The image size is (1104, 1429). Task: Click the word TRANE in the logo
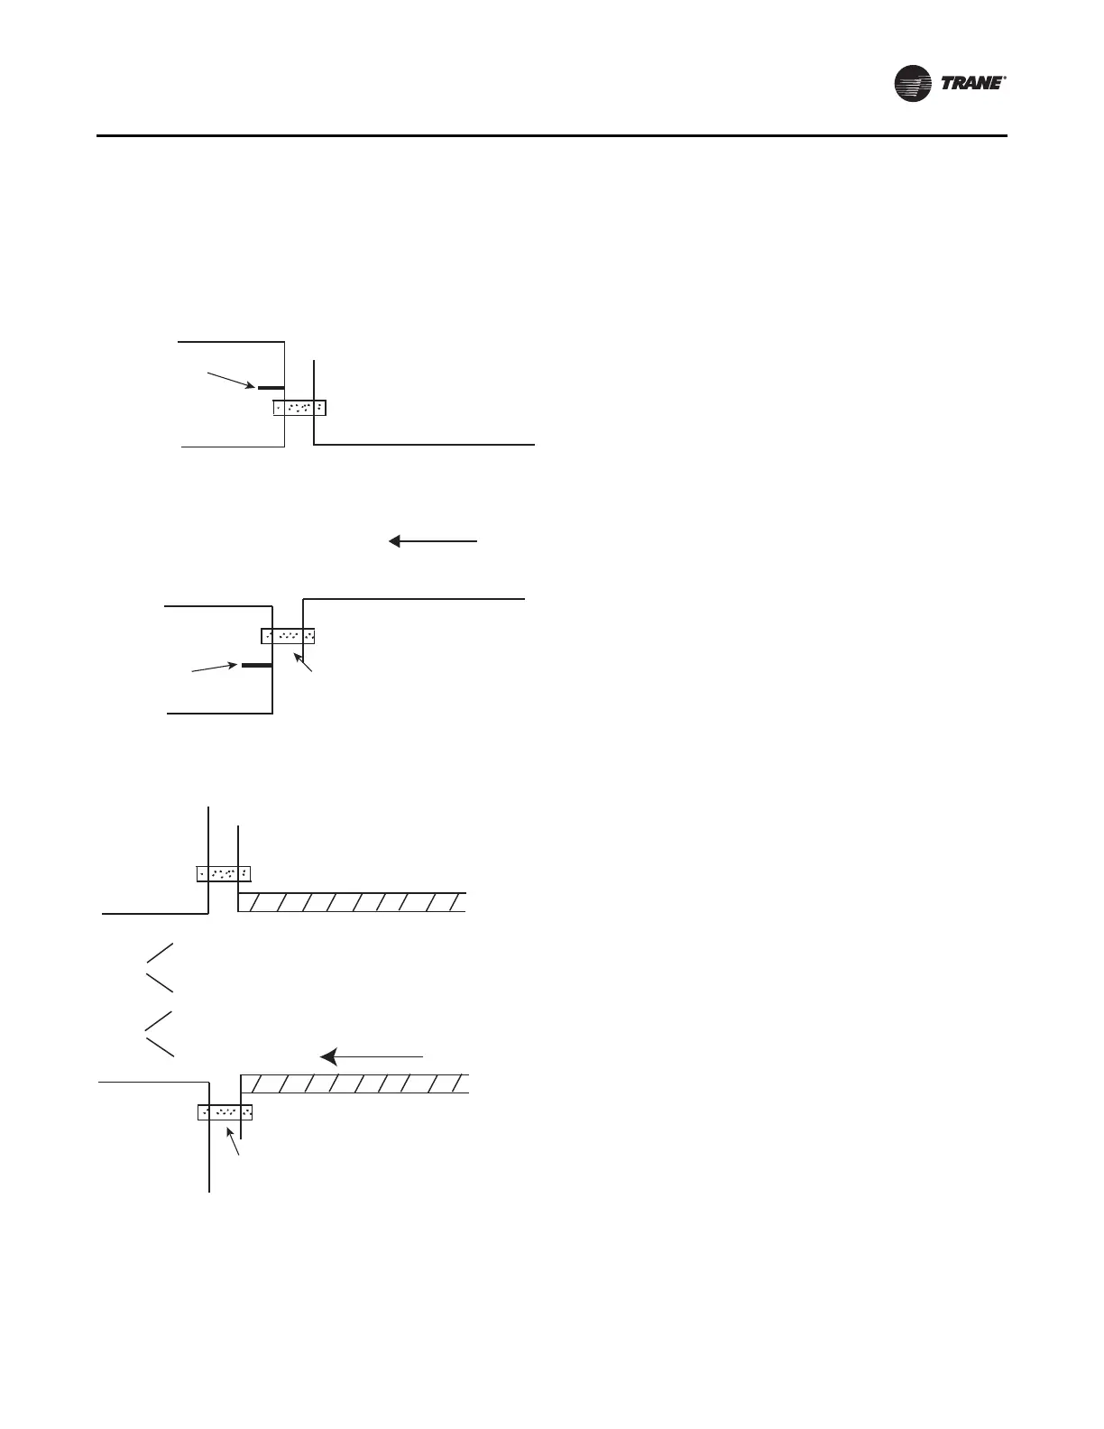coord(971,84)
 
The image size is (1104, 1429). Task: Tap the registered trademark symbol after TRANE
coord(1004,78)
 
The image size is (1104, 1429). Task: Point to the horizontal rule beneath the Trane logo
coord(551,136)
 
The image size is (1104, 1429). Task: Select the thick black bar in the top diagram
coord(271,387)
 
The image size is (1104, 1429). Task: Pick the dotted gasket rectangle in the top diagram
coord(299,407)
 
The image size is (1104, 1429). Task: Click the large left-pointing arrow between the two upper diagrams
coord(433,541)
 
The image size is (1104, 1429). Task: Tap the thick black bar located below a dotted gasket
coord(256,665)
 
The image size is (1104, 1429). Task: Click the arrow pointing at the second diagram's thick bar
coord(216,668)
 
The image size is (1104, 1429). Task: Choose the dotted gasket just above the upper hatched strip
coord(223,873)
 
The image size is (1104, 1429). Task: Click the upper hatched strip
coord(353,902)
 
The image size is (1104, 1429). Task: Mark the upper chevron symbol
coord(159,967)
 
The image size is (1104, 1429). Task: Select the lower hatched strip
coord(355,1083)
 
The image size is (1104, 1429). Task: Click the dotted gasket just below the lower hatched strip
coord(225,1111)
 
